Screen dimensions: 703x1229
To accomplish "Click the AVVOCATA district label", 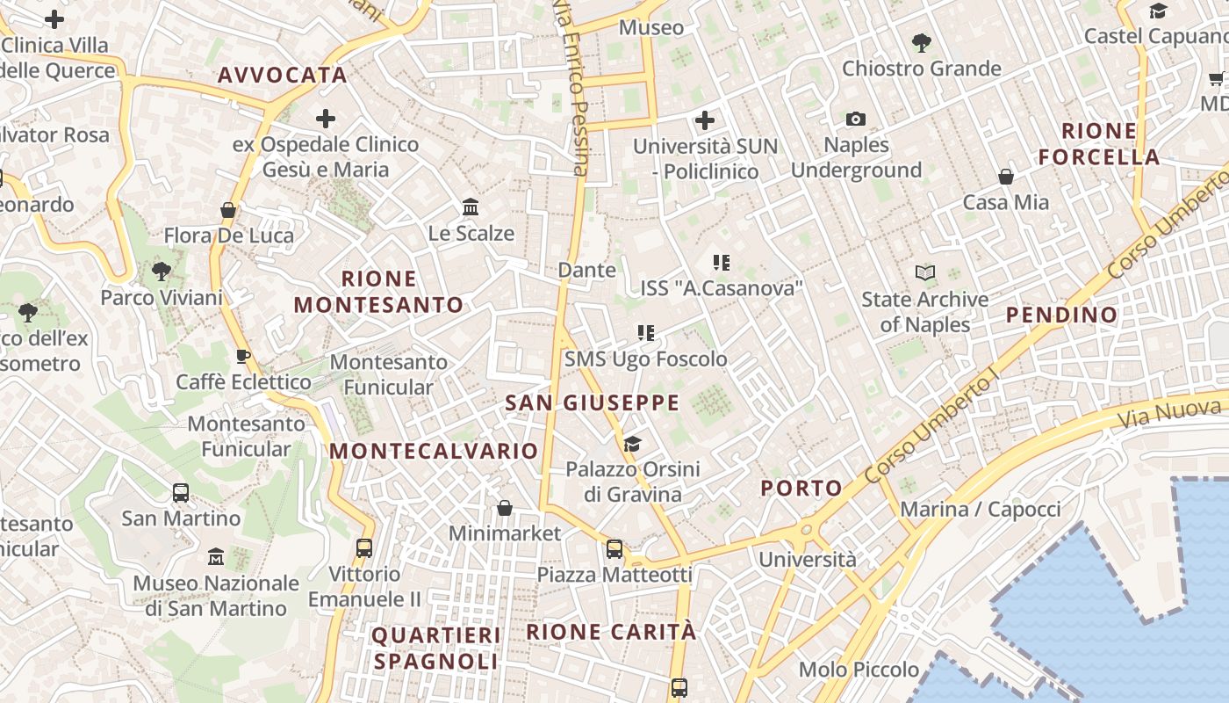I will pos(282,76).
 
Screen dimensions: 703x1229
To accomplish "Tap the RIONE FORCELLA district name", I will pos(1099,144).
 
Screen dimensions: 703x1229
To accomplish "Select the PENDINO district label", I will pos(1061,315).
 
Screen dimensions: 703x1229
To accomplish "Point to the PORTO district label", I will pos(801,489).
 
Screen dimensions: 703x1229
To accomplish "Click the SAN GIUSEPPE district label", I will pos(592,403).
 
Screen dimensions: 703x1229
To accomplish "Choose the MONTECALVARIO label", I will pos(433,452).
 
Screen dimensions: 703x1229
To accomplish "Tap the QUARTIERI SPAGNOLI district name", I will pos(435,648).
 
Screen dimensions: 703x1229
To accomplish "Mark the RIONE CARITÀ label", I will pos(611,632).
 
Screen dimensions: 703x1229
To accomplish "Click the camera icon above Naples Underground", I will pos(855,119).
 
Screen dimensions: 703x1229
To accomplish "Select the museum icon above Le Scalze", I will pos(471,207).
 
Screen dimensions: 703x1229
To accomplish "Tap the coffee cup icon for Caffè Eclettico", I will pos(243,356).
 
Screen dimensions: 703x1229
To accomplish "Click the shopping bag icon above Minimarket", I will pos(504,508).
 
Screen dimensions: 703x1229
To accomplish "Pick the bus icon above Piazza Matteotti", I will pos(614,549).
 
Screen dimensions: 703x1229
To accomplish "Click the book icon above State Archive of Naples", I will pos(924,273).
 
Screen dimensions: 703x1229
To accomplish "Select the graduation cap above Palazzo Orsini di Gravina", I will pos(632,444).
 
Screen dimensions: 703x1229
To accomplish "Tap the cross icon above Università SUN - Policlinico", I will pos(705,120).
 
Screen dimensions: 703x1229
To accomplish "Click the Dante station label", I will pos(586,270).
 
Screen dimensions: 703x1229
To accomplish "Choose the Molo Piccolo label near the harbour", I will pos(859,670).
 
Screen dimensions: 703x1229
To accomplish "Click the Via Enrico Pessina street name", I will pos(571,88).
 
